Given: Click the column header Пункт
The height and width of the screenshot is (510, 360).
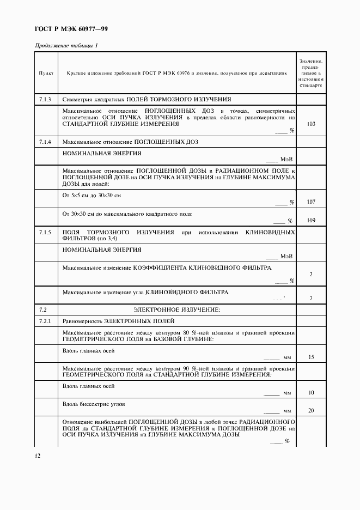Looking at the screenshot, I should [45, 72].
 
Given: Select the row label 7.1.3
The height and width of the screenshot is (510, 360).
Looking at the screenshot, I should [45, 100].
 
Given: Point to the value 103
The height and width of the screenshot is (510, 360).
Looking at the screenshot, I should [311, 124].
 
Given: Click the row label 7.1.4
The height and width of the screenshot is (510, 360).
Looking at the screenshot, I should [45, 142].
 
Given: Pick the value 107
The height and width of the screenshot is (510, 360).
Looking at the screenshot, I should [311, 202].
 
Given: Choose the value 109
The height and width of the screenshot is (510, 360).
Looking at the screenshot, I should [311, 221].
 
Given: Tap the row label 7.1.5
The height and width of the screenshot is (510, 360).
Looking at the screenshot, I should [45, 233].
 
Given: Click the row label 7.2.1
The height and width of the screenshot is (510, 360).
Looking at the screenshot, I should [45, 321].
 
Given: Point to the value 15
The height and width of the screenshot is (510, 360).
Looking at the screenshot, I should [311, 357].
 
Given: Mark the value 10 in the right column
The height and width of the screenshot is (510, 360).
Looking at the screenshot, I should [311, 392].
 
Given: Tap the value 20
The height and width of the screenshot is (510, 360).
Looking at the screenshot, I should [311, 410].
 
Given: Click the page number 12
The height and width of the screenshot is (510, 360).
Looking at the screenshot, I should [37, 456].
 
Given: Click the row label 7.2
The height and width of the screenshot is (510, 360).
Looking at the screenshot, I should [44, 309].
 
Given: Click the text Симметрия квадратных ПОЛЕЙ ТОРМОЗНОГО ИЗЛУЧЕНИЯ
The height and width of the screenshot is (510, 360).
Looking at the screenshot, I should [147, 100].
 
